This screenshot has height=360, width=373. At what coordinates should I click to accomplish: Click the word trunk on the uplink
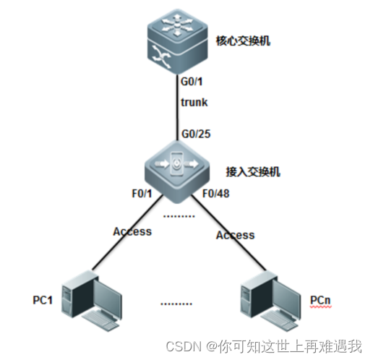pos(194,102)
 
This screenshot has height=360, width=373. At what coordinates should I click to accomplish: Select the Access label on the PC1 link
pos(132,231)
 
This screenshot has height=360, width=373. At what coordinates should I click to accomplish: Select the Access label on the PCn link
pos(235,234)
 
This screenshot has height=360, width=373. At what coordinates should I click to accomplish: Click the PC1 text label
pos(44,299)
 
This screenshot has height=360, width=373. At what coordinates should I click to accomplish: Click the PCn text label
pos(322,299)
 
